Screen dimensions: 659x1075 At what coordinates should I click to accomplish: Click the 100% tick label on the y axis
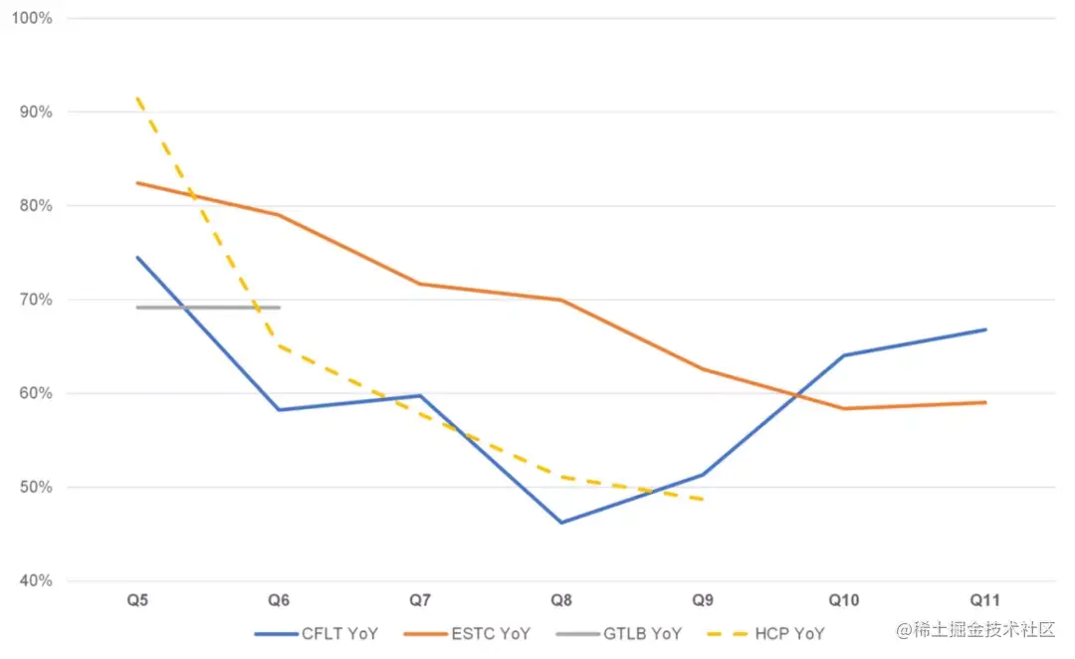click(x=33, y=19)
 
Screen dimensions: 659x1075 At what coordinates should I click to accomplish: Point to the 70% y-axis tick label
click(x=36, y=300)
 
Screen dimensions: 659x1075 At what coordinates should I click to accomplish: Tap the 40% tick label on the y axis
click(x=36, y=581)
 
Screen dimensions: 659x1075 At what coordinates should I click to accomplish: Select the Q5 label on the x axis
click(x=137, y=600)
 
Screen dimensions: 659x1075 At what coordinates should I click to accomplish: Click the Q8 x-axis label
click(x=562, y=600)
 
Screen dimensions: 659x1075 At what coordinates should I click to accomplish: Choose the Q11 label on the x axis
click(x=985, y=600)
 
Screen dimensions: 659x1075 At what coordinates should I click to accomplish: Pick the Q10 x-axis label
click(x=844, y=600)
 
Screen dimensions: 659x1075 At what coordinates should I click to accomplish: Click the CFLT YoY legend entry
click(x=317, y=633)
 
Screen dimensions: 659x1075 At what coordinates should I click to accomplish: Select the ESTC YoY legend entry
click(x=467, y=633)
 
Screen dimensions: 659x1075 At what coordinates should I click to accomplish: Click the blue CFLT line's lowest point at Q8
click(x=562, y=523)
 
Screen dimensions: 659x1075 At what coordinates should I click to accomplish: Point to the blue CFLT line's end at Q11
click(x=985, y=329)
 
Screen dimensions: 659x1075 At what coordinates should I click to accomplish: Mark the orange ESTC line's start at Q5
click(x=137, y=183)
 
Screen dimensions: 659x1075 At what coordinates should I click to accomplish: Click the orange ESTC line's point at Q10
click(x=844, y=408)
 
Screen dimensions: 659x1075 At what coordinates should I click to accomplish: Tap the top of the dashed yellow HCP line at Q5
click(x=137, y=98)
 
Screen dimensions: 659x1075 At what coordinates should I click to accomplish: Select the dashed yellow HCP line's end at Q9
click(x=703, y=499)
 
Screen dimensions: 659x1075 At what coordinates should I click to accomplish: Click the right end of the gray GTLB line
click(x=280, y=308)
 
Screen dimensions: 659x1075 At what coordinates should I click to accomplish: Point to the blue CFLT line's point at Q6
click(x=280, y=410)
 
